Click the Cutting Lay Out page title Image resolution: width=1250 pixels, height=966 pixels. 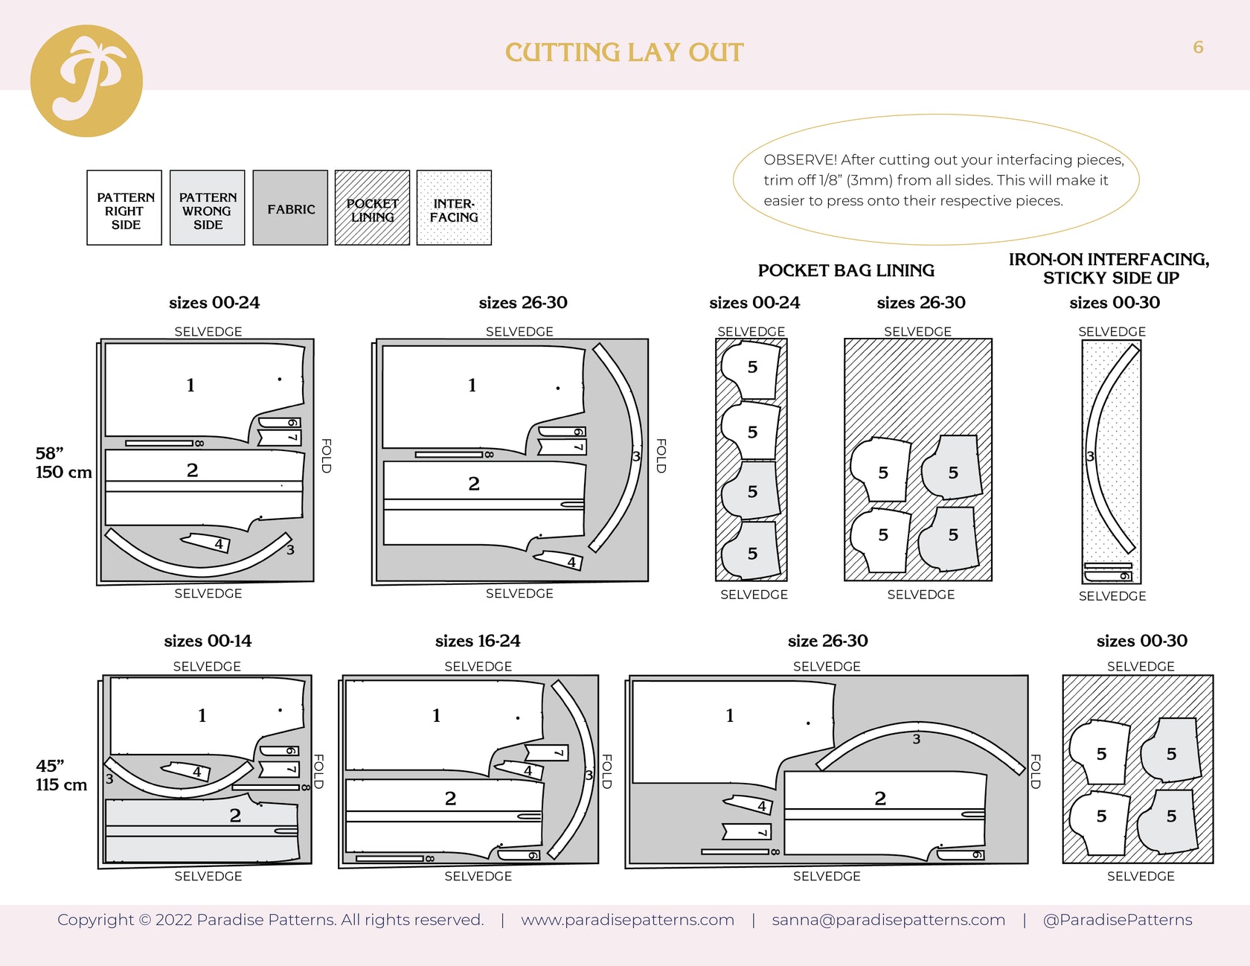624,52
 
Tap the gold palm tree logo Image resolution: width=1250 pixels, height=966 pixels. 86,80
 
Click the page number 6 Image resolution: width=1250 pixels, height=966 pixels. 1198,47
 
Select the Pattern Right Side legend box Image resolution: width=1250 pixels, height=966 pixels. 124,208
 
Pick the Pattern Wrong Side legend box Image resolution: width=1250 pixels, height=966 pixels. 207,208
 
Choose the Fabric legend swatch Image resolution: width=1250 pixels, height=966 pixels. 290,208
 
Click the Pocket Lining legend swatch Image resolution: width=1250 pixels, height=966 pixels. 372,208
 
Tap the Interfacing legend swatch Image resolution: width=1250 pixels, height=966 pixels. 454,208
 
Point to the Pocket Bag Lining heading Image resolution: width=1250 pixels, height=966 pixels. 846,270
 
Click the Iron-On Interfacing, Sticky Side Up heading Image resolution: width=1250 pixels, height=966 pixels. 1109,268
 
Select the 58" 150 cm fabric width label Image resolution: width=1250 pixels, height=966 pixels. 62,462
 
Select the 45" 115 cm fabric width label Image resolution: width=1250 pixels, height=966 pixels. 61,775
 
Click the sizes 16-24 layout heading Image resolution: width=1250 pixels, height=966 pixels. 478,641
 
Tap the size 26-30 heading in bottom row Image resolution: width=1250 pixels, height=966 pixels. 827,641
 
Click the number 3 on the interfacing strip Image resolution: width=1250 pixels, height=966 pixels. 1090,456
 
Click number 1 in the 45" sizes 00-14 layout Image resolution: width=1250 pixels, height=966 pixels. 202,715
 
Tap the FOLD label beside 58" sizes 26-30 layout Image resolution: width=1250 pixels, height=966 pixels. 661,455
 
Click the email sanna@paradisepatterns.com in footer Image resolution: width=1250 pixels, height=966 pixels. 888,920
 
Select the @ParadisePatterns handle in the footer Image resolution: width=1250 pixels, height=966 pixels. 1117,920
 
